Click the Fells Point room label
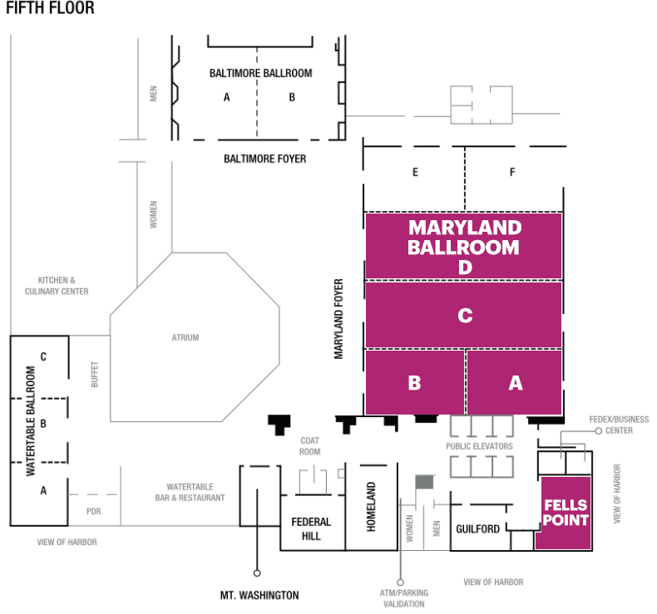click(566, 513)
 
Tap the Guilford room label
click(477, 528)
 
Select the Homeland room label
click(371, 507)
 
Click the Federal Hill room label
click(311, 528)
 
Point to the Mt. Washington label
click(259, 595)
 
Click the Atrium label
click(185, 337)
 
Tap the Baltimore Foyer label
click(264, 158)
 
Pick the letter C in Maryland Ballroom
click(465, 316)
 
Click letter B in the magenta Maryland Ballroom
click(414, 383)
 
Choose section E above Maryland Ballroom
click(414, 173)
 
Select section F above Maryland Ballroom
click(512, 173)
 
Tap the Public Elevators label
click(479, 446)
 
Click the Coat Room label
click(309, 446)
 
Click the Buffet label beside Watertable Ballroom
click(94, 375)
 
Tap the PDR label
click(93, 511)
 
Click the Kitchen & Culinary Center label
click(57, 286)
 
